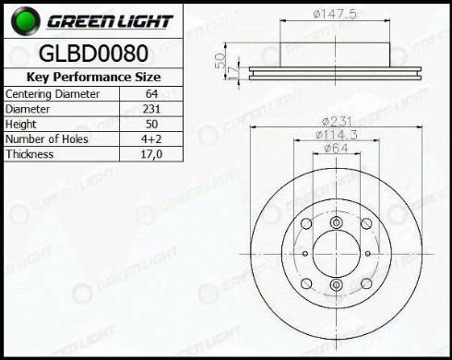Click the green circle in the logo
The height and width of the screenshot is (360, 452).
click(26, 21)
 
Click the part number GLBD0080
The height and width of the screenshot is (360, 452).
click(93, 54)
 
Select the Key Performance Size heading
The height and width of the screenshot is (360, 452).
click(93, 77)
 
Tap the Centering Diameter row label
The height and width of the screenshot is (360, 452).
click(53, 94)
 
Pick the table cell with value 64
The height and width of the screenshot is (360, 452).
click(151, 94)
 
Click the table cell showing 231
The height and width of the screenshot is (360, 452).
click(151, 109)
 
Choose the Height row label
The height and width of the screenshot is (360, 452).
click(21, 124)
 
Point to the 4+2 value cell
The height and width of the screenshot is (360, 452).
click(151, 139)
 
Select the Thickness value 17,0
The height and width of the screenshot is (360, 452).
click(151, 154)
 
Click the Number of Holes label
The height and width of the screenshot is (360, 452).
click(47, 139)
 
